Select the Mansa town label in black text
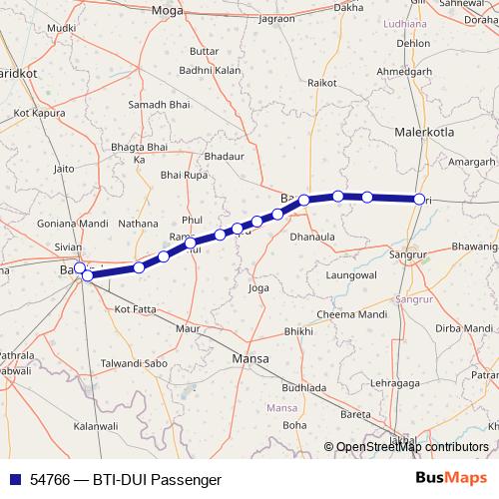pos(250,357)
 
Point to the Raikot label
pos(321,85)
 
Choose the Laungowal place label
pos(350,272)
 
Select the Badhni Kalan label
pos(210,70)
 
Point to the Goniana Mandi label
pos(72,224)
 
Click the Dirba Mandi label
pos(463,328)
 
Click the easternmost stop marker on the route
pos(419,200)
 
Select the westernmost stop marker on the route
pos(80,268)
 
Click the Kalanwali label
pos(103,426)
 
